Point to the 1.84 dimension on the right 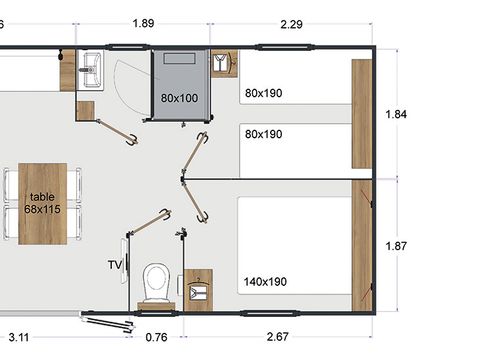click(x=397, y=114)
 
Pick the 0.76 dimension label click(x=156, y=337)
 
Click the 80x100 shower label click(x=179, y=98)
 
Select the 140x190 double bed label click(x=265, y=282)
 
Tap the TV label click(x=115, y=265)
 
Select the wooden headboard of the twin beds click(x=361, y=113)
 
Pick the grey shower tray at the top click(x=180, y=86)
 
